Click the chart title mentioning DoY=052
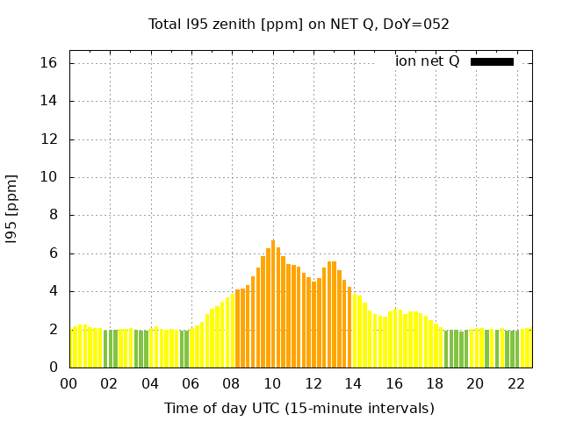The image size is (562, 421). point(299,25)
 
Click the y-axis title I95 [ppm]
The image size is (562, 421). point(12,209)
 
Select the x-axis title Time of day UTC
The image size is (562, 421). point(299,408)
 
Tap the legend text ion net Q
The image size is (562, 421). point(427,61)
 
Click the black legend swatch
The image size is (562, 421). point(492,61)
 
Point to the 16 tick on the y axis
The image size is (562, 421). point(49,63)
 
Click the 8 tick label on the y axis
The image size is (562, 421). point(53,215)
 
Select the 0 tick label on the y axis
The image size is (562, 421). point(53,367)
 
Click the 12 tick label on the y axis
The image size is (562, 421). point(49,139)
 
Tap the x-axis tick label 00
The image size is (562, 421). point(69,384)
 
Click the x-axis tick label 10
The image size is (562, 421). point(272,384)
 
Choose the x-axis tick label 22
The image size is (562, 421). point(515,384)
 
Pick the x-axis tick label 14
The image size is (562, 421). point(353,384)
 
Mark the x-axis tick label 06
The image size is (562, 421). point(191,384)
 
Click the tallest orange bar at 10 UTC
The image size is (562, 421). point(273,303)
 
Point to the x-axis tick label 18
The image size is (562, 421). point(435,384)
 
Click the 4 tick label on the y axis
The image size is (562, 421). point(53,291)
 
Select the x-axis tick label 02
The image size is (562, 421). point(110,384)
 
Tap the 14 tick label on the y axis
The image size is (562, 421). point(49,101)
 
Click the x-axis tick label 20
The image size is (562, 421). point(475,384)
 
